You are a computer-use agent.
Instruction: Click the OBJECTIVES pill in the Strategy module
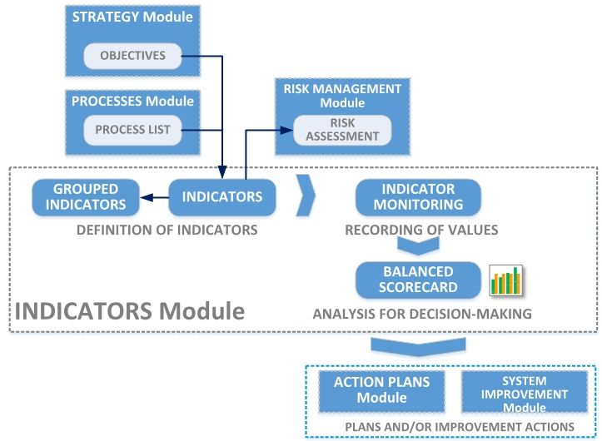[x=132, y=57]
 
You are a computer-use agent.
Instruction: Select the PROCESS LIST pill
[x=132, y=130]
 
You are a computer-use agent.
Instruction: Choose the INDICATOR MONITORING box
[x=418, y=196]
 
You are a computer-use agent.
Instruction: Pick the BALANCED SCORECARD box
[x=419, y=280]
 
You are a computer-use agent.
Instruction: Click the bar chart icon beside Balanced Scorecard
[x=505, y=280]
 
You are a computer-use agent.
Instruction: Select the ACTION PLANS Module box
[x=382, y=390]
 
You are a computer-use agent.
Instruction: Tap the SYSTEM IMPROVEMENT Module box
[x=524, y=390]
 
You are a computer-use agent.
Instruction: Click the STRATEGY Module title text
[x=133, y=16]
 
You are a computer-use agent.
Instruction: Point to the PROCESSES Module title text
[x=132, y=102]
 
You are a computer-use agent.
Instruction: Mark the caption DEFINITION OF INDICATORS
[x=167, y=229]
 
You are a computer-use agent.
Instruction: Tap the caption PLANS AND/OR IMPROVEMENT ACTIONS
[x=459, y=427]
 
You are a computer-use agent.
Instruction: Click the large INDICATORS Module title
[x=129, y=312]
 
